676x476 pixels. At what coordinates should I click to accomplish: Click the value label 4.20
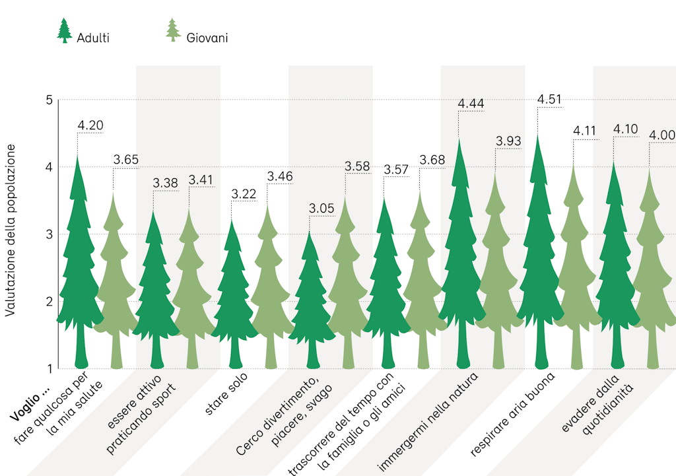pyautogui.click(x=90, y=125)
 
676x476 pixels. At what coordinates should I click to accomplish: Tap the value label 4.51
pyautogui.click(x=550, y=99)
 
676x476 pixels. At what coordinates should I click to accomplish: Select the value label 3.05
pyautogui.click(x=321, y=209)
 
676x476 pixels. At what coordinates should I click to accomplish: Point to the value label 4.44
pyautogui.click(x=471, y=103)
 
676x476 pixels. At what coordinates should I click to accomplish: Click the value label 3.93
pyautogui.click(x=508, y=141)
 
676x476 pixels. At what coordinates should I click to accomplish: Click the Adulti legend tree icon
pyautogui.click(x=64, y=31)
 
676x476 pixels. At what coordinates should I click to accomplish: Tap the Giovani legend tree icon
pyautogui.click(x=173, y=31)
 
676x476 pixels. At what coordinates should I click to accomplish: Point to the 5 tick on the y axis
pyautogui.click(x=48, y=100)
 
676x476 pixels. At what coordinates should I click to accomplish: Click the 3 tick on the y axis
pyautogui.click(x=48, y=234)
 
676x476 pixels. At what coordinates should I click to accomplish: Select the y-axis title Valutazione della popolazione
pyautogui.click(x=10, y=231)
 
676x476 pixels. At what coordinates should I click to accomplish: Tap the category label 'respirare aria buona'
pyautogui.click(x=513, y=414)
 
